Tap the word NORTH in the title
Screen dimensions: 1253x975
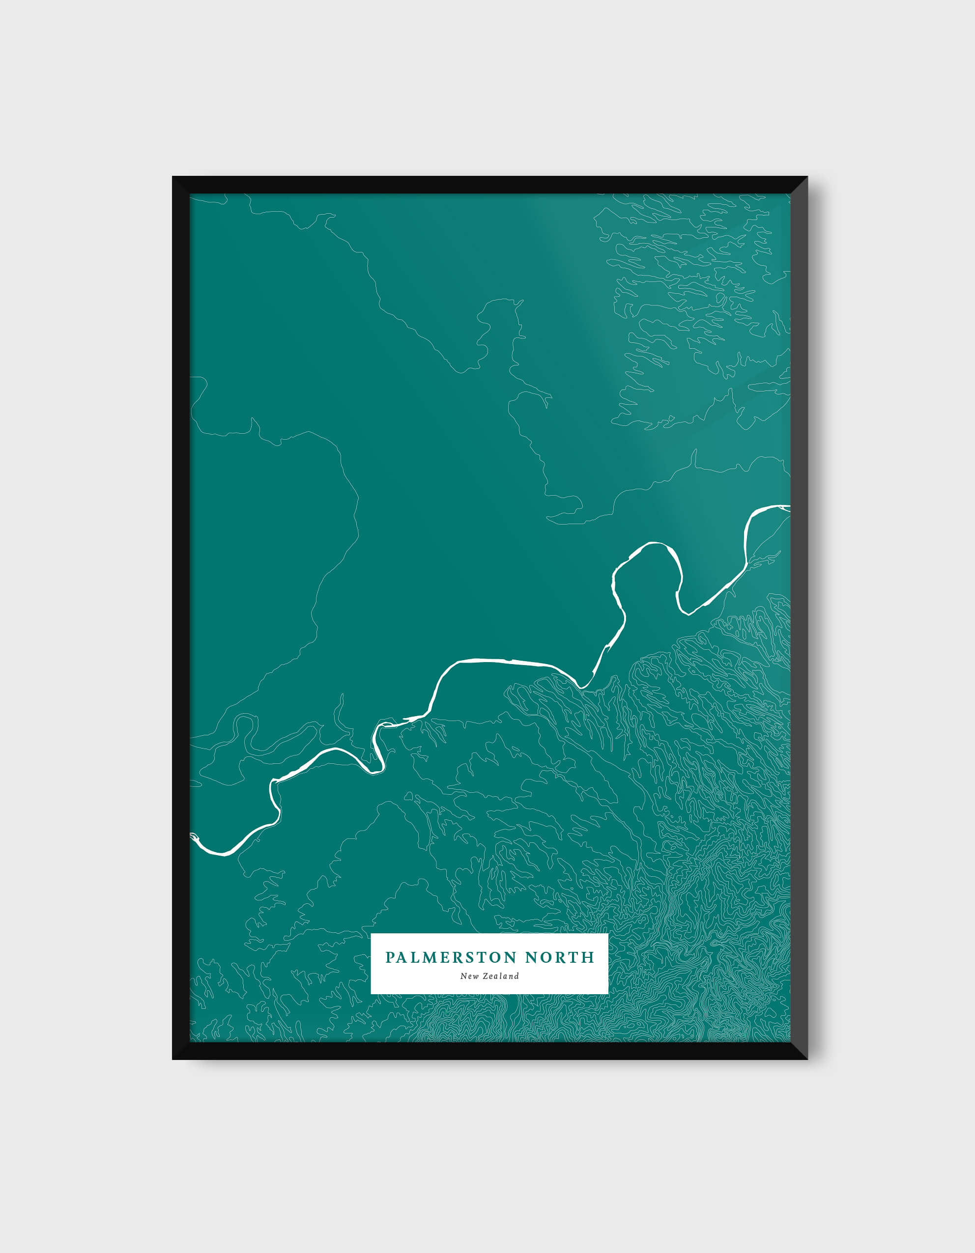(x=560, y=957)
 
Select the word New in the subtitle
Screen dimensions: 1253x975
(x=470, y=976)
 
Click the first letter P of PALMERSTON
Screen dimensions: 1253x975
(x=390, y=957)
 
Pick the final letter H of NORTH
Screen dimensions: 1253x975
(x=589, y=957)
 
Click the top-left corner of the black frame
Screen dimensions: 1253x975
(x=174, y=178)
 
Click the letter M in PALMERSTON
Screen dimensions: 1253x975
(x=429, y=957)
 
